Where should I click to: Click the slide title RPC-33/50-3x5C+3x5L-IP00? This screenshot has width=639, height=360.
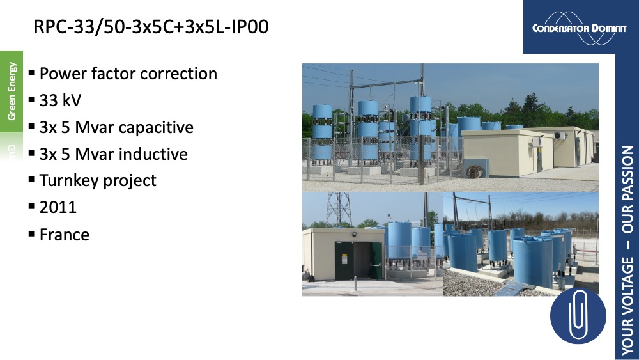(151, 27)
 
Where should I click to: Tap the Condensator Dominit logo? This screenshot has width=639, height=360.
(579, 28)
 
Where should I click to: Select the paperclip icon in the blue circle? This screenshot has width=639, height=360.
(578, 315)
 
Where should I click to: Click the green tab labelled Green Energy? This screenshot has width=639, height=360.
(12, 91)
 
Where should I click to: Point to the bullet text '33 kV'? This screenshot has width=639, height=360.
(60, 100)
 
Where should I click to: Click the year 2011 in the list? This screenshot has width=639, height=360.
(58, 207)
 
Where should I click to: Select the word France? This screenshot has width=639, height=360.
(65, 235)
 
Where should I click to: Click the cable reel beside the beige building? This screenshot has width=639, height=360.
(473, 171)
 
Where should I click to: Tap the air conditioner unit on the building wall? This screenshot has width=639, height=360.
(559, 136)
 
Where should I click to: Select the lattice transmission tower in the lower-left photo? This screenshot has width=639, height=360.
(338, 208)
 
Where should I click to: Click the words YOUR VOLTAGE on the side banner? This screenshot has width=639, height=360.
(627, 306)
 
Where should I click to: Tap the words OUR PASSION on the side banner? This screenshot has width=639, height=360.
(627, 190)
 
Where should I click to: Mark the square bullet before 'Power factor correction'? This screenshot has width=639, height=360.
(32, 73)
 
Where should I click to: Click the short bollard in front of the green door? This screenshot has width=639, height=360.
(355, 283)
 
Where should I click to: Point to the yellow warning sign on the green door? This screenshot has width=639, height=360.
(344, 259)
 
